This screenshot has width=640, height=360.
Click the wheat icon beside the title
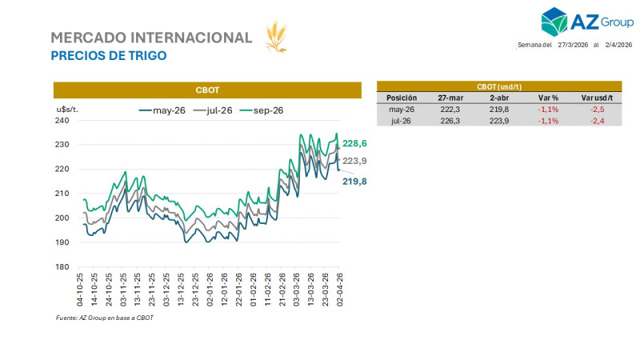click(x=276, y=38)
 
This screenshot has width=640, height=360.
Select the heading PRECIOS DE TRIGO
click(x=108, y=56)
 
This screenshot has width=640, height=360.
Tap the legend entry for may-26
click(x=163, y=110)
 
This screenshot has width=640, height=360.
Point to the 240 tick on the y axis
click(x=62, y=121)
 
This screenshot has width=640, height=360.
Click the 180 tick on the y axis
click(x=62, y=266)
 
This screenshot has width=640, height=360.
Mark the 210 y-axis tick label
click(x=62, y=194)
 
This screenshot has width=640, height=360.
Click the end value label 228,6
click(x=354, y=144)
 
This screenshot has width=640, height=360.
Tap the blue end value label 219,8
click(x=354, y=182)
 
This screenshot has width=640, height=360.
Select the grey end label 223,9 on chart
click(x=354, y=161)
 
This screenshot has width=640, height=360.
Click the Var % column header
click(x=548, y=98)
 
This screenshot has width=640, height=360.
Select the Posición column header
click(x=402, y=98)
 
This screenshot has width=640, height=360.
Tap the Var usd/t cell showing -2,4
click(x=596, y=120)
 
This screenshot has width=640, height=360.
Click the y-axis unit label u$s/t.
click(x=67, y=107)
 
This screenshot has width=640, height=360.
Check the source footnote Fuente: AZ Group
click(x=104, y=318)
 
